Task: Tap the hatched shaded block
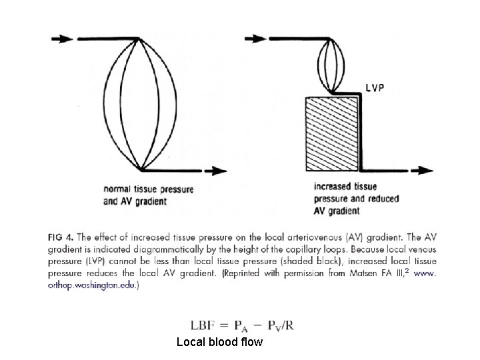tap(331, 134)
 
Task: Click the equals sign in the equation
tap(224, 325)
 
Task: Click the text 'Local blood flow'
tap(219, 342)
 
